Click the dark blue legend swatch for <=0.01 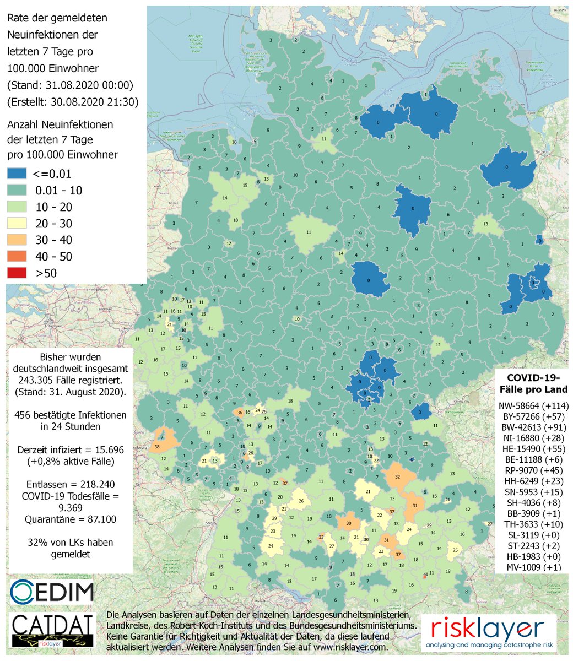coord(17,174)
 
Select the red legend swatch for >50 coord(17,273)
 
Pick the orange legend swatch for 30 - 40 coord(17,240)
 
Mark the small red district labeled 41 coord(425,575)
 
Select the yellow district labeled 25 coord(456,550)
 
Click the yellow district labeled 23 coord(273,532)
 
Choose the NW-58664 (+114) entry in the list coord(532,406)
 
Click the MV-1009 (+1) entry coord(532,567)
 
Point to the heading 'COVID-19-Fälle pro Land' coord(532,383)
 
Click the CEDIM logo coord(52,591)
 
